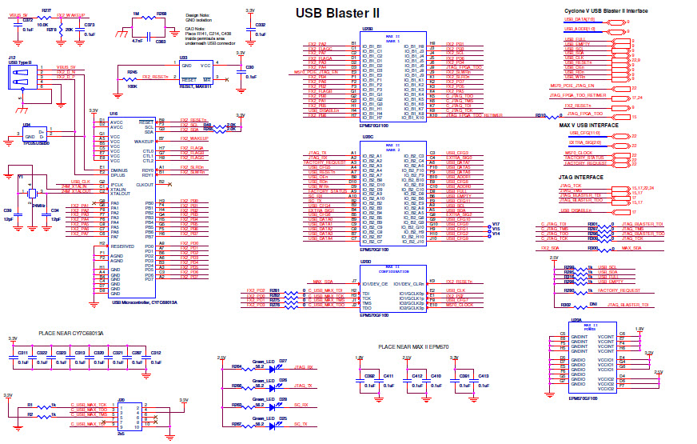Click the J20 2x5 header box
tap(132, 415)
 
